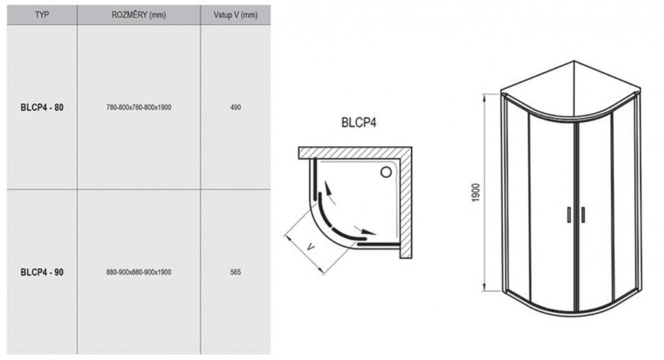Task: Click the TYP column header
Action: [42, 15]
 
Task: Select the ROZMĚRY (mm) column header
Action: [139, 15]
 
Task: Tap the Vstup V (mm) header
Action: [236, 15]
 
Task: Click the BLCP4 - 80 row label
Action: [42, 107]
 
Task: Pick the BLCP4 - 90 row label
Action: [42, 272]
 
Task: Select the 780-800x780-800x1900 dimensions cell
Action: [139, 107]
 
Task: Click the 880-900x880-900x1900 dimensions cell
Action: [139, 272]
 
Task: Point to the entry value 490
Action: [236, 107]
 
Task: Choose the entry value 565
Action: [236, 272]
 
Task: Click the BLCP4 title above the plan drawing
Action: [359, 122]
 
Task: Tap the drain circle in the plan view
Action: [386, 172]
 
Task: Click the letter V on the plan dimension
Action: [311, 246]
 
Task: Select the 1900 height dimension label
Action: [475, 193]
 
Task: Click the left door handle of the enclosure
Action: [569, 215]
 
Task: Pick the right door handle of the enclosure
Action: [583, 215]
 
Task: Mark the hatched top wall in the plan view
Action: [355, 153]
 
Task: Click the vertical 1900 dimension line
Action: [485, 193]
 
